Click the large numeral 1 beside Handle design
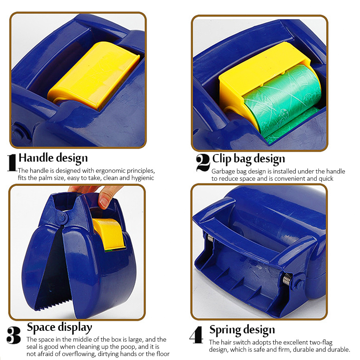pyautogui.click(x=12, y=163)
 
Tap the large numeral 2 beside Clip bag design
pyautogui.click(x=203, y=163)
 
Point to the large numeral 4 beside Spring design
pyautogui.click(x=197, y=335)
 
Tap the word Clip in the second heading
pyautogui.click(x=222, y=159)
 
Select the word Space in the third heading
pyautogui.click(x=41, y=327)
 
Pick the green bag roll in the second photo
pyautogui.click(x=282, y=101)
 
